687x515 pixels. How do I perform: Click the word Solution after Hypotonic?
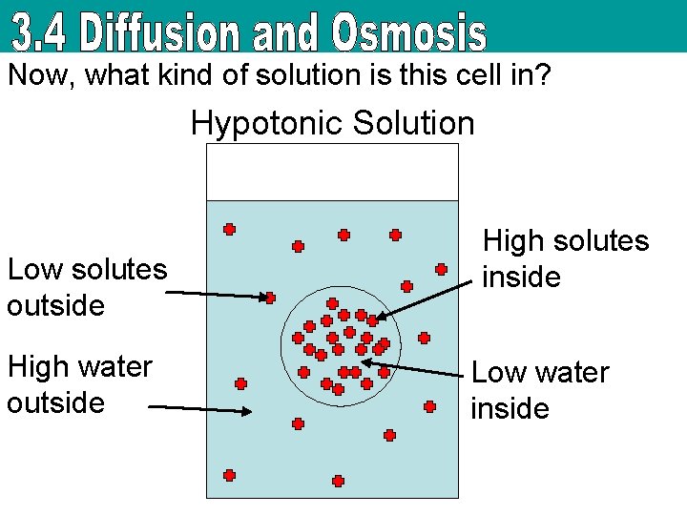pyautogui.click(x=415, y=123)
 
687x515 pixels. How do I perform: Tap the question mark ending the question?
pyautogui.click(x=543, y=75)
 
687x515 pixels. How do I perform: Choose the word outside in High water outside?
pyautogui.click(x=56, y=402)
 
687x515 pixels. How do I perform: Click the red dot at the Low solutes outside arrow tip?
pyautogui.click(x=270, y=298)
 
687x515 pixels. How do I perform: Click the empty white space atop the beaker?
pyautogui.click(x=332, y=172)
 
